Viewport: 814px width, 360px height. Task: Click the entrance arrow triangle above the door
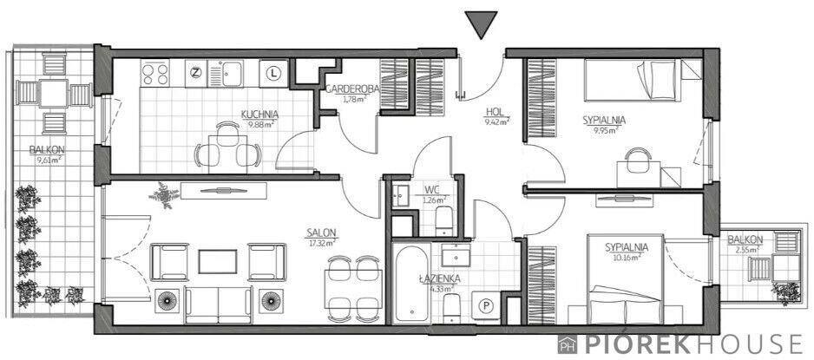coord(482,23)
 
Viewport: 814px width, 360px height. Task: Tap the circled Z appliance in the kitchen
coord(196,73)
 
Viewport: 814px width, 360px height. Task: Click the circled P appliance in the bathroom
coord(487,306)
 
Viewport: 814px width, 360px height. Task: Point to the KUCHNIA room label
coord(260,115)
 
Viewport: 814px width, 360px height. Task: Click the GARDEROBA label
coord(352,88)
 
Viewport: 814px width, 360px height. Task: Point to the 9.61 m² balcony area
coord(49,160)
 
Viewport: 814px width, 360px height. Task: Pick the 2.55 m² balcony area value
coord(746,248)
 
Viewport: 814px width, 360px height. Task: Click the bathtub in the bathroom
coord(410,283)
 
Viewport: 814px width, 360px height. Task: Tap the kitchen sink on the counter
coord(226,73)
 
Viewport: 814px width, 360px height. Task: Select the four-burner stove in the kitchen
coord(154,73)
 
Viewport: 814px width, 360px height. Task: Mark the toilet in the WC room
coord(444,220)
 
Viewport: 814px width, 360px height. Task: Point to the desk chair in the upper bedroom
coord(638,160)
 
